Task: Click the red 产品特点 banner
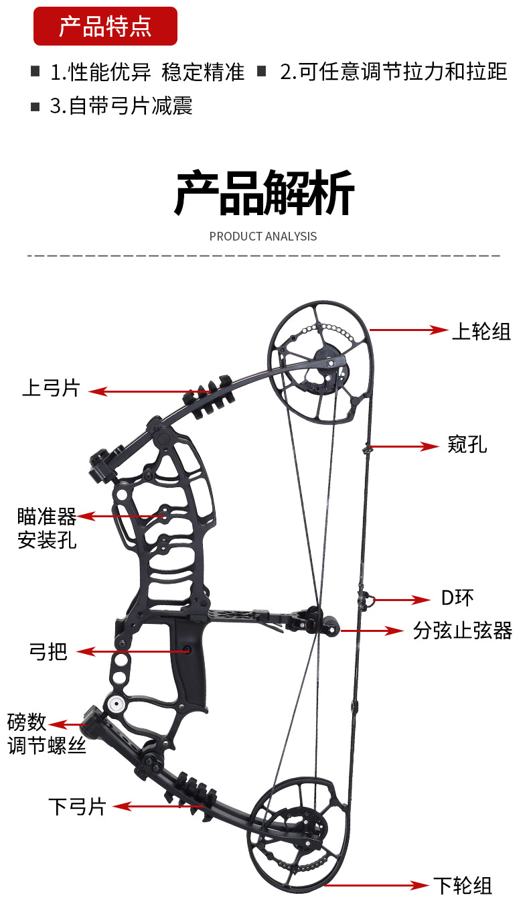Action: click(x=105, y=26)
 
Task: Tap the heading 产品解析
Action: click(x=264, y=193)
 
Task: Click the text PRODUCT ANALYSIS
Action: click(x=263, y=236)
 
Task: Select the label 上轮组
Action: click(x=481, y=331)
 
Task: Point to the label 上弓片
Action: click(x=51, y=387)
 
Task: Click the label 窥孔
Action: click(x=467, y=444)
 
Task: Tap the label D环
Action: click(x=457, y=598)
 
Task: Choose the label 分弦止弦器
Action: click(x=462, y=630)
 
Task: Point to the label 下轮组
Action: click(x=462, y=886)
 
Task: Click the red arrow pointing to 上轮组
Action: click(x=408, y=330)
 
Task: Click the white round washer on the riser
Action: click(x=114, y=704)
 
